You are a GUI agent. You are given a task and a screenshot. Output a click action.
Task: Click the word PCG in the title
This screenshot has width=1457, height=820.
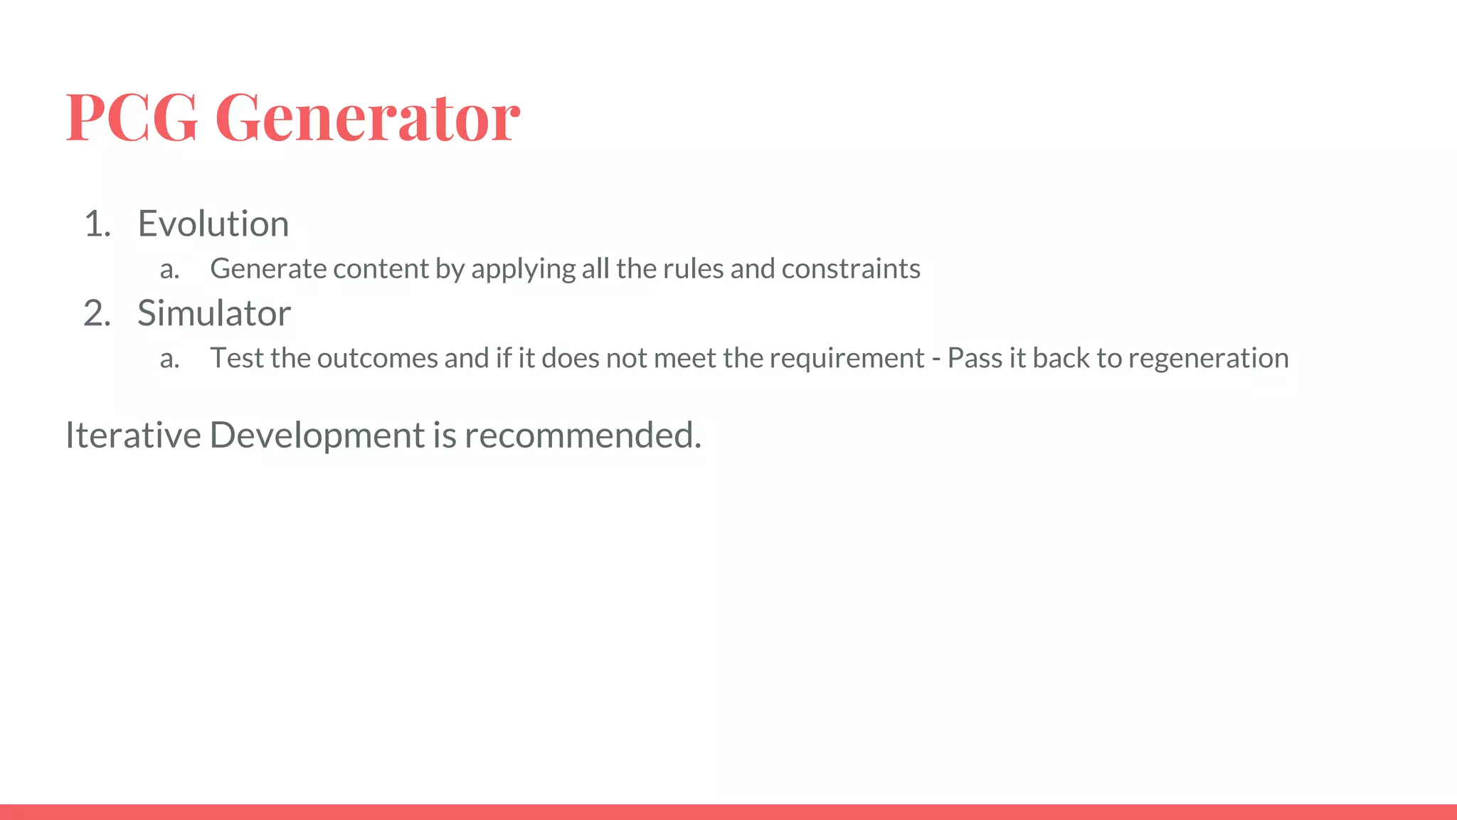132,117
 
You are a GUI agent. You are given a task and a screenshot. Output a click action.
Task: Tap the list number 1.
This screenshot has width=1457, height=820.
97,224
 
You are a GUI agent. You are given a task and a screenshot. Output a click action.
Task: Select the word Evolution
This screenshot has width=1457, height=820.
213,224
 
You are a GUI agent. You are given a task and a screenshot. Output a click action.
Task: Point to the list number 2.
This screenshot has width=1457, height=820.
97,313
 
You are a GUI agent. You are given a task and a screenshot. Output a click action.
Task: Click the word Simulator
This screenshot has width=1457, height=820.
214,313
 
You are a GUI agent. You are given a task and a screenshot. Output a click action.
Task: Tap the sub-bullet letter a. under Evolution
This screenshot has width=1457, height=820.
169,269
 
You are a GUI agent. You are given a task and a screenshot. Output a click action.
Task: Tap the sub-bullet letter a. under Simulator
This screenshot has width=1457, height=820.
169,358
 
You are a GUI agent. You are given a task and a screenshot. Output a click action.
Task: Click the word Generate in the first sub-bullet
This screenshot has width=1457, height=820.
267,269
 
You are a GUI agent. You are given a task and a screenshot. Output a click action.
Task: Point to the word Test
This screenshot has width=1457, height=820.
237,358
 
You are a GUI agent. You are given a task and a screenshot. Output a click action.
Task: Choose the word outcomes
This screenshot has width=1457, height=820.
377,358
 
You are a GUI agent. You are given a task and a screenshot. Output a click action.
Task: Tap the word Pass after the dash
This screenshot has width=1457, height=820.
975,358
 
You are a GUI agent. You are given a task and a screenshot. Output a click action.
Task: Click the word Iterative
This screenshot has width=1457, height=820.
133,435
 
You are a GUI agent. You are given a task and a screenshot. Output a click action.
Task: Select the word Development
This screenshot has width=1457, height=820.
317,435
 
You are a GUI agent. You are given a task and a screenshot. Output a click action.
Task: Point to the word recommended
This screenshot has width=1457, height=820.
582,435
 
